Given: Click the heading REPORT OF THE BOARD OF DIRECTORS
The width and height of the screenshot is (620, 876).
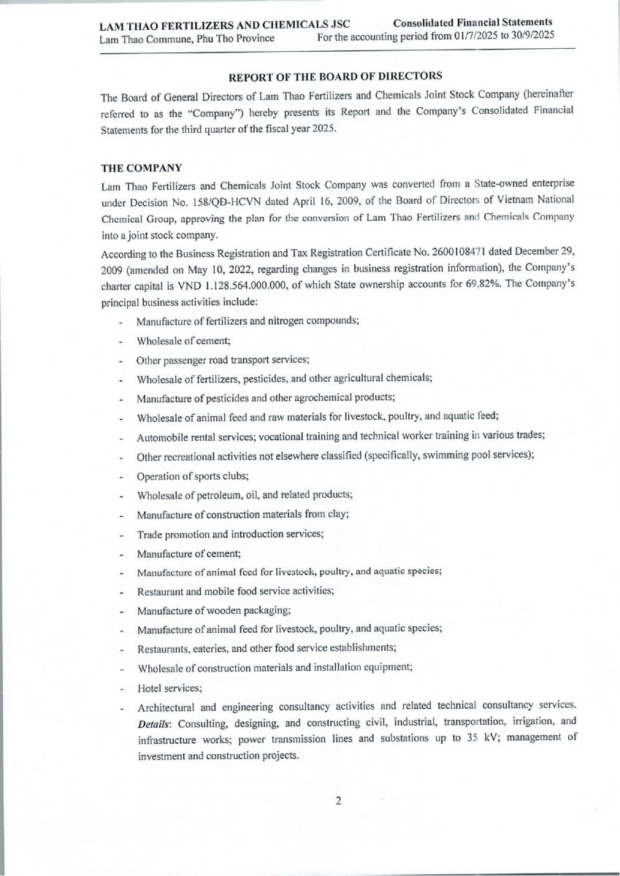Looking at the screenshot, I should (x=336, y=77).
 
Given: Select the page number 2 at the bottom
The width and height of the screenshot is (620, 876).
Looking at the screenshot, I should (x=338, y=801).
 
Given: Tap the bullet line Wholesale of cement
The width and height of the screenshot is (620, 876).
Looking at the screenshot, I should (x=183, y=341).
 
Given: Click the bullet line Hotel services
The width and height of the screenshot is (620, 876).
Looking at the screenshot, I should (x=169, y=688).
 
